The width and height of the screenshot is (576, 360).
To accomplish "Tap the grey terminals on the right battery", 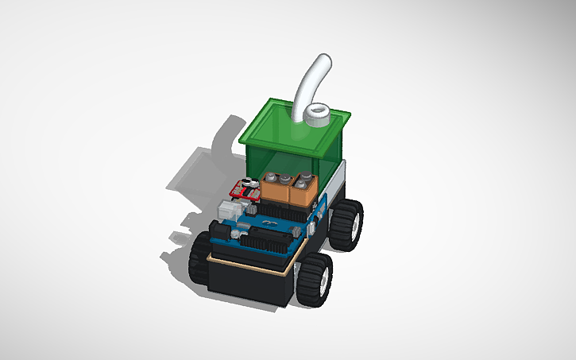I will (306, 180).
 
